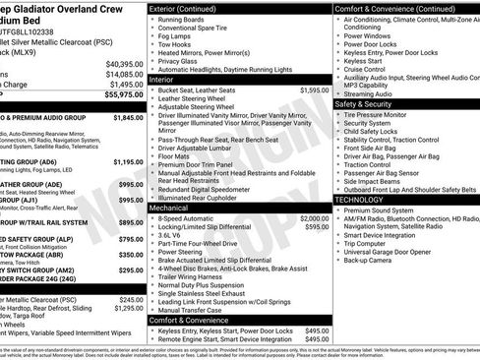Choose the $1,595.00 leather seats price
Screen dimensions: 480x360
coord(315,117)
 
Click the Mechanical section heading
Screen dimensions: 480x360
coord(169,209)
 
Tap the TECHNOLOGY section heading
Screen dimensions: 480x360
coord(359,200)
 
